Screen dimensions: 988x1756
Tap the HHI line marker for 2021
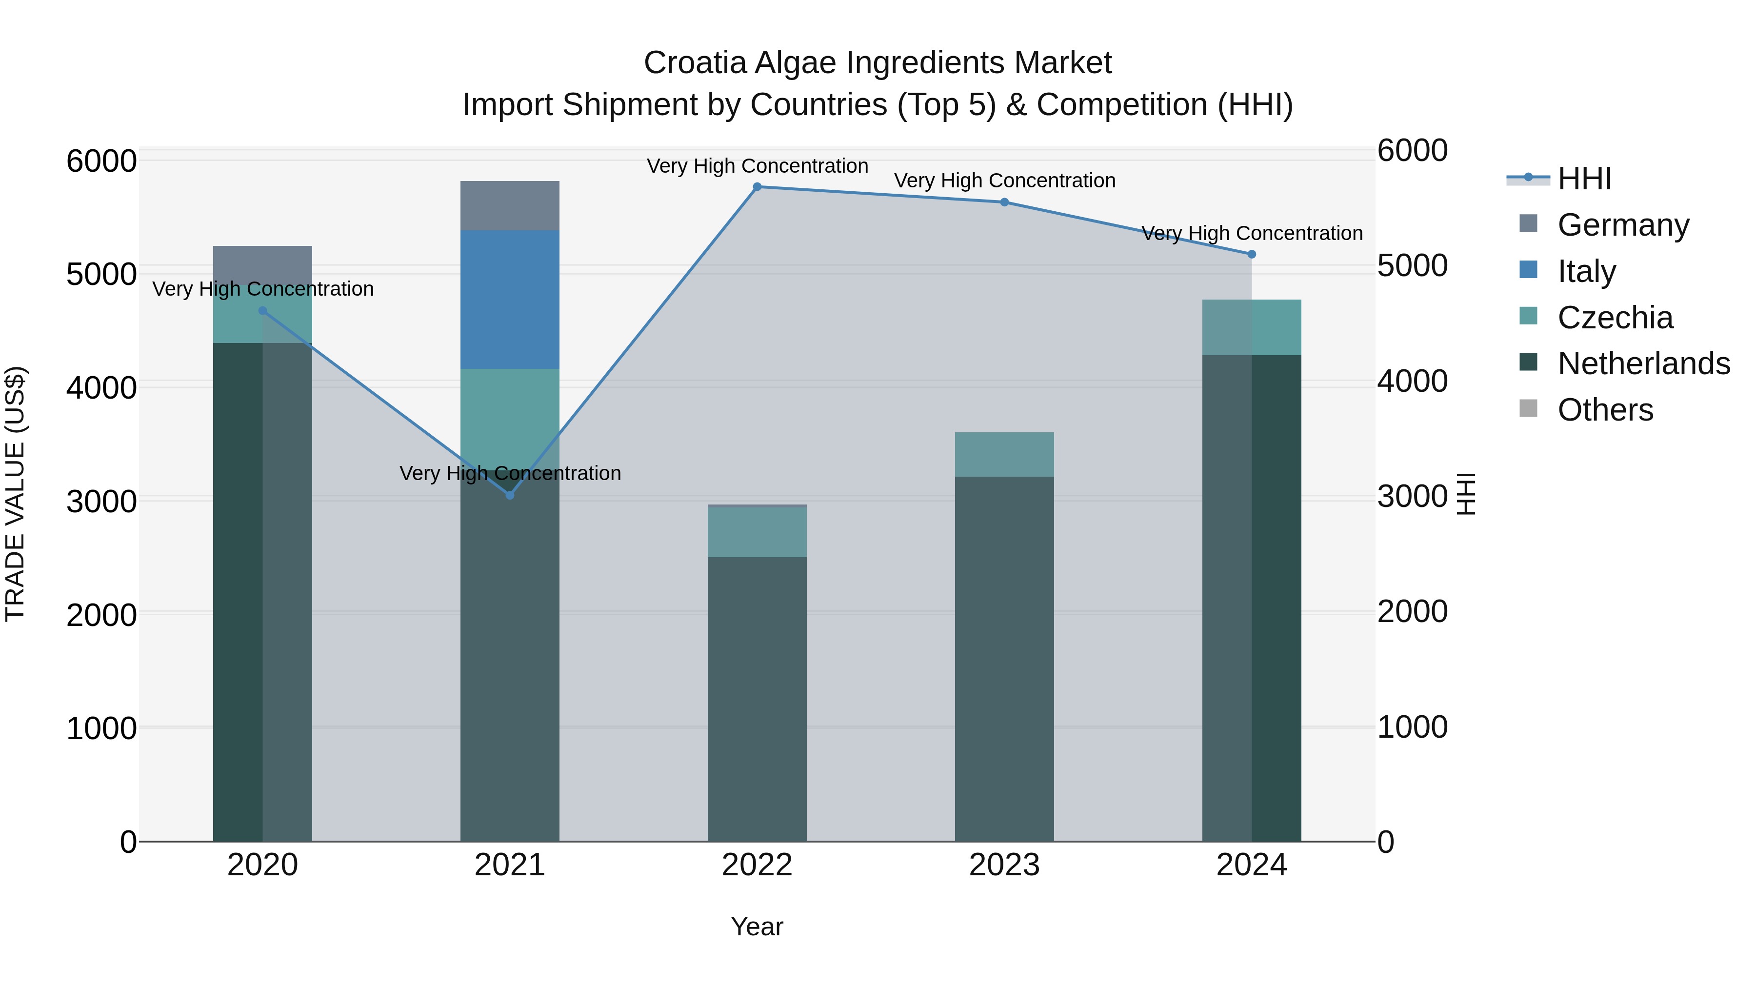(510, 495)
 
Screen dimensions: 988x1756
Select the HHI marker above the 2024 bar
(1252, 254)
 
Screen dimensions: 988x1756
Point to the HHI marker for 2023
(1004, 202)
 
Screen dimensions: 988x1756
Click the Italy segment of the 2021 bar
(510, 300)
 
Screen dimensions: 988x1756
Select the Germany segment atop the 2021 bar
(510, 205)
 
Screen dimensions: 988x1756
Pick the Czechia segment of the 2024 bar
(1252, 327)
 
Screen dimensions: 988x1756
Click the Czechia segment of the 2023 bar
(1004, 454)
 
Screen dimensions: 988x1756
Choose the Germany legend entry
(1622, 225)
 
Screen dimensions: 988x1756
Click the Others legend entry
(1605, 410)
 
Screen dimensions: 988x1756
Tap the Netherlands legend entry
(1643, 364)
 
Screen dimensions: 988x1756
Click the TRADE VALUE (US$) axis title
(15, 494)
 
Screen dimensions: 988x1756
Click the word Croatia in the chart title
(695, 63)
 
